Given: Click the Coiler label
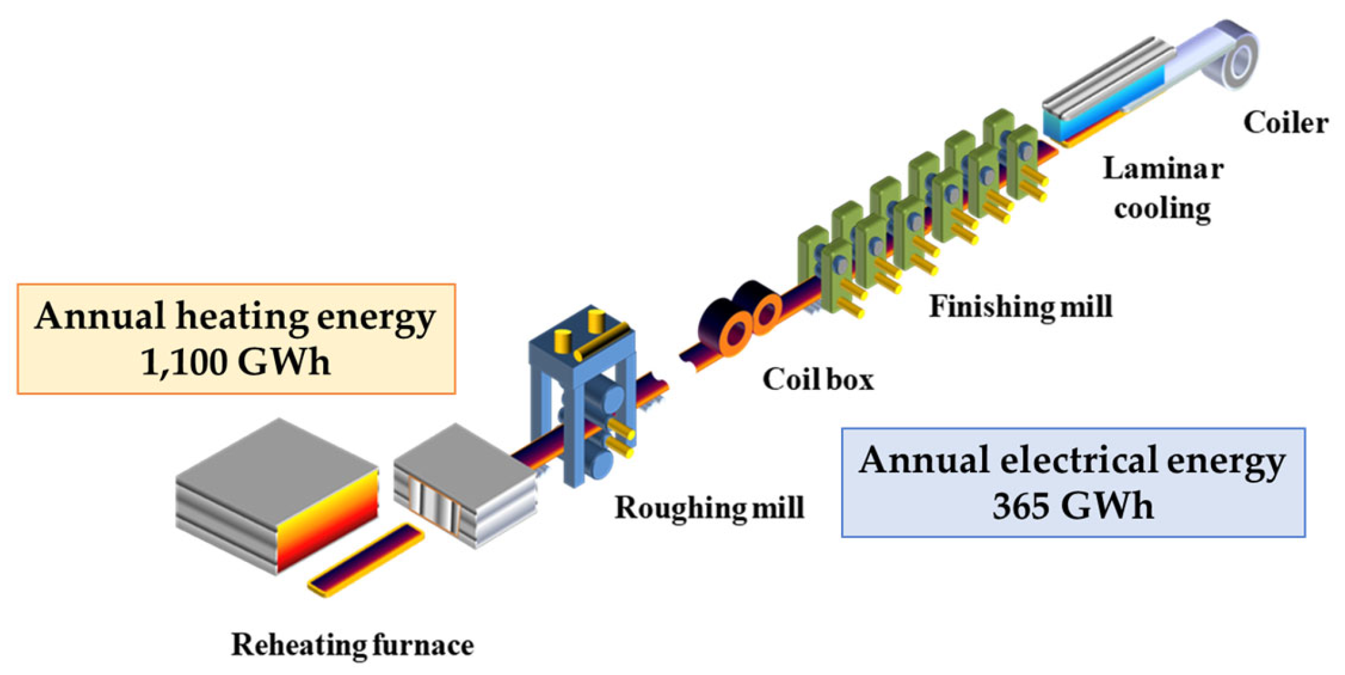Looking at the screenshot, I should [1285, 123].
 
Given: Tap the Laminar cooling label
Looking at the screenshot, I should [1162, 188].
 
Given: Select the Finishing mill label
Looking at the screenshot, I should [1020, 307].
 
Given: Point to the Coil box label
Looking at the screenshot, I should [818, 379].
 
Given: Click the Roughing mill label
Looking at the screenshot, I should [709, 507].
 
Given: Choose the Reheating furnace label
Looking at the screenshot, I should [352, 645].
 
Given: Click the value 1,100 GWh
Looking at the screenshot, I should [235, 362].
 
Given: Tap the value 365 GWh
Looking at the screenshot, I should [1072, 506].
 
